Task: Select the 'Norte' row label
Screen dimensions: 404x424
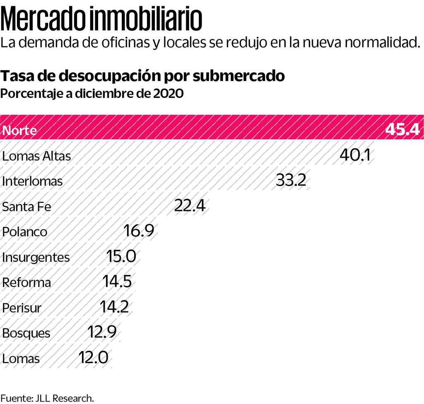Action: click(19, 131)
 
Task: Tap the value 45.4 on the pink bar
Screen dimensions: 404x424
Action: click(403, 130)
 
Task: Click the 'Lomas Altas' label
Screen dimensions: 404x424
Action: click(36, 156)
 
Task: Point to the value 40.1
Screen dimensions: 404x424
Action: click(354, 155)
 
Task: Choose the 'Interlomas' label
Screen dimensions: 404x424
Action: click(32, 181)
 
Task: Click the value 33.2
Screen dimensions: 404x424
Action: click(291, 181)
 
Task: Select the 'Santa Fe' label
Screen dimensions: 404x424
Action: click(26, 207)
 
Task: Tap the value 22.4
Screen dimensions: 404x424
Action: click(190, 206)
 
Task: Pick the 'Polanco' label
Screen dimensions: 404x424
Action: click(25, 232)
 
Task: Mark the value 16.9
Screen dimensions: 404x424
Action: click(139, 231)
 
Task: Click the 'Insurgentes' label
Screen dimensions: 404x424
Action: click(36, 257)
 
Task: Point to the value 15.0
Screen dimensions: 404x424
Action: click(121, 257)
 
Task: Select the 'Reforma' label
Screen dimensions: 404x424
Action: click(26, 283)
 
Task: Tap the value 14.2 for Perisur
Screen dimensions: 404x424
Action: click(114, 307)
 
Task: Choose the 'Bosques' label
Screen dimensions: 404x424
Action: click(26, 333)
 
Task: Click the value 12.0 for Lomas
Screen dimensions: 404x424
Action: click(94, 357)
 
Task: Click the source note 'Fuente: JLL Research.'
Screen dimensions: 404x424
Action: click(47, 398)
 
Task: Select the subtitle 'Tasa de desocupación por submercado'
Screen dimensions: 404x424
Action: click(143, 76)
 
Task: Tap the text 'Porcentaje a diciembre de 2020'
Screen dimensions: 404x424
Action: click(92, 93)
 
